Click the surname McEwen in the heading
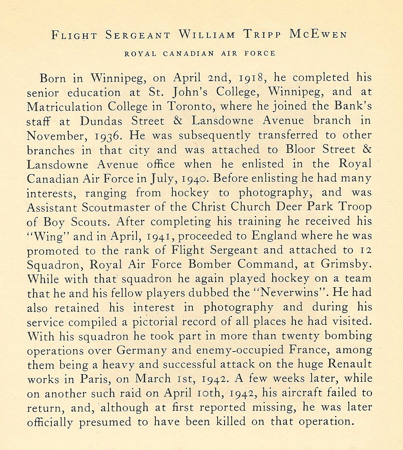click(319, 35)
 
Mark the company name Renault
click(350, 365)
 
